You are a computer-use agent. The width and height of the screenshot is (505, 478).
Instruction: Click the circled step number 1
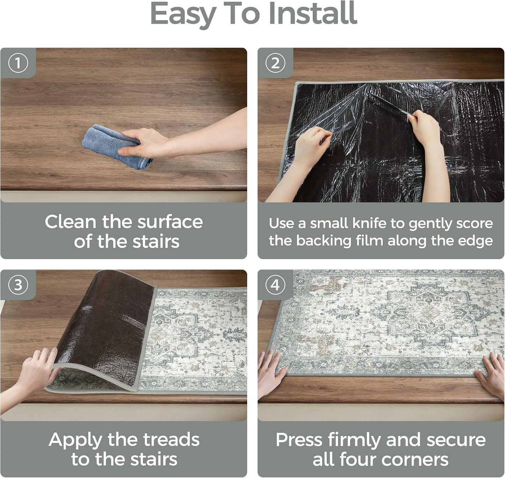tap(18, 63)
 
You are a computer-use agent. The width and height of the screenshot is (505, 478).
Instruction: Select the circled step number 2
tap(275, 63)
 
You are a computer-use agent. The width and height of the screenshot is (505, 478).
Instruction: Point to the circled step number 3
tap(18, 285)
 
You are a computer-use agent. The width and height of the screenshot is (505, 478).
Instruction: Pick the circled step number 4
tap(275, 285)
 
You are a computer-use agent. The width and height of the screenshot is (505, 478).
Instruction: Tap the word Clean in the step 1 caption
tap(71, 222)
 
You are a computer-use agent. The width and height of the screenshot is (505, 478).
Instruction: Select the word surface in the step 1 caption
tap(170, 222)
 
